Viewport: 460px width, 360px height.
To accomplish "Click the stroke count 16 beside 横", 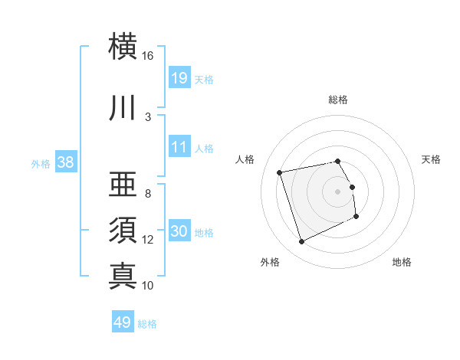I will coord(147,56).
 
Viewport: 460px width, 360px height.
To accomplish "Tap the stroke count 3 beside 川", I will coord(148,116).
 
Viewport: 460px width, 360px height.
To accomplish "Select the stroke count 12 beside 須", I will coord(148,240).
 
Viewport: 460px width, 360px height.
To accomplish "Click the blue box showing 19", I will coord(179,77).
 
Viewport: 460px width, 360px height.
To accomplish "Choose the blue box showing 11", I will coord(179,147).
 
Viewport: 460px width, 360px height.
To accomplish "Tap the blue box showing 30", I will coord(179,231).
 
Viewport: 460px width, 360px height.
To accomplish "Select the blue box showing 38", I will coord(65,162).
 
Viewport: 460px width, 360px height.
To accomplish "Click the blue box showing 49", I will coord(122,322).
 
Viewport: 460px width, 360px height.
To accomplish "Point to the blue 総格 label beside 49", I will coord(147,324).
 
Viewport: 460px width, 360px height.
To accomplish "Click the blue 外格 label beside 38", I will coord(41,163).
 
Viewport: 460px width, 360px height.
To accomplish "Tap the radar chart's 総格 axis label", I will coord(338,100).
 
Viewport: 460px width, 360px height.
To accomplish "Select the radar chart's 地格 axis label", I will coord(402,262).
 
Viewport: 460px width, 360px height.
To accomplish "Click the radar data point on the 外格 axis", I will coord(301,242).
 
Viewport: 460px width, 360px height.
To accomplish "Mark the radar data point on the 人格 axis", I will coord(280,172).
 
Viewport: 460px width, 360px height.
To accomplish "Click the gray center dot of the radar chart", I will coord(338,191).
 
